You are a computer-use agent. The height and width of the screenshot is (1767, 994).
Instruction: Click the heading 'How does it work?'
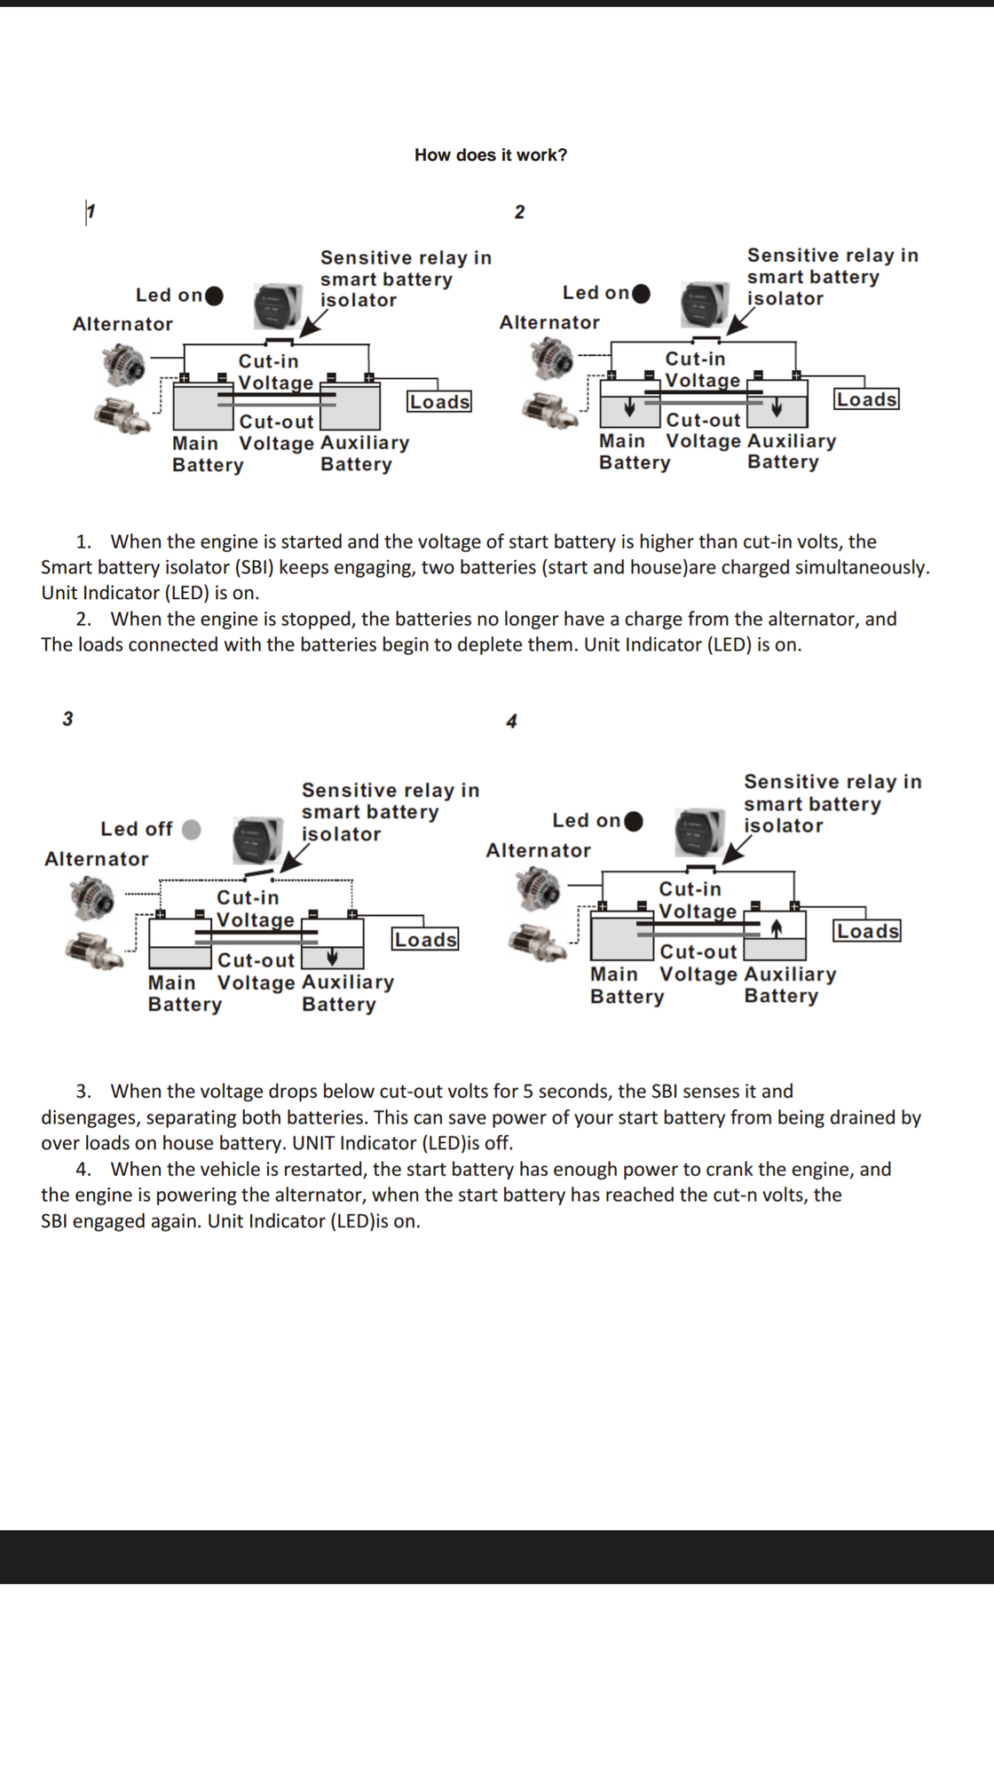(x=490, y=155)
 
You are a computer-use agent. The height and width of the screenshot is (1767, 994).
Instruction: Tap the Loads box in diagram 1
(x=439, y=402)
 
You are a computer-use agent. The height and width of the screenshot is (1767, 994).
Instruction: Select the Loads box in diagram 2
(x=866, y=399)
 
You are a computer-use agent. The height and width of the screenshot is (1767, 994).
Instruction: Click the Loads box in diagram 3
(x=425, y=940)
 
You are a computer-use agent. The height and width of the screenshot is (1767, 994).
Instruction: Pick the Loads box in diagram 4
(x=867, y=931)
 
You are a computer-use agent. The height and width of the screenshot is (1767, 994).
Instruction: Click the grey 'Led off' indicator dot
(x=191, y=829)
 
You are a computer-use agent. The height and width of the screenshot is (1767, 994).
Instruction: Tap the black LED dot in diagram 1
(x=214, y=296)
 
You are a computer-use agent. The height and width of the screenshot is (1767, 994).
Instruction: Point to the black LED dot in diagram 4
(x=634, y=821)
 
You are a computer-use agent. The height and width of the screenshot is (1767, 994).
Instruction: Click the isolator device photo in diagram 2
(x=704, y=304)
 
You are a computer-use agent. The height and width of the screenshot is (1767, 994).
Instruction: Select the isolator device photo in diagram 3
(x=256, y=839)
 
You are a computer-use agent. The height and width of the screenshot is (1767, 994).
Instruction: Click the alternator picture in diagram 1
(x=122, y=363)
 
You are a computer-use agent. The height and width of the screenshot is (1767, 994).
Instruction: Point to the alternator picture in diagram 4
(x=538, y=888)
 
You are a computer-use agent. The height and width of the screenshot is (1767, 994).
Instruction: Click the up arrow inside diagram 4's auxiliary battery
(x=777, y=928)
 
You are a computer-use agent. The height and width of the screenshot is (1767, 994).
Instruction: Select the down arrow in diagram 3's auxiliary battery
(x=332, y=957)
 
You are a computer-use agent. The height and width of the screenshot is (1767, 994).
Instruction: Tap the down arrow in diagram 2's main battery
(x=629, y=407)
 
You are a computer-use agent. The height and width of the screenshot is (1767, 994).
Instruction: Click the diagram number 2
(x=519, y=212)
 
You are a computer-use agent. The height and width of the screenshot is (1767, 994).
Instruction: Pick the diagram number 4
(x=511, y=722)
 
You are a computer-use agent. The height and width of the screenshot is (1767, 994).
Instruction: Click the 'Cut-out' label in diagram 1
(x=276, y=422)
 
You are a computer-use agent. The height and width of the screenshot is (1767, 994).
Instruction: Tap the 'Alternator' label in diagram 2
(x=549, y=322)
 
